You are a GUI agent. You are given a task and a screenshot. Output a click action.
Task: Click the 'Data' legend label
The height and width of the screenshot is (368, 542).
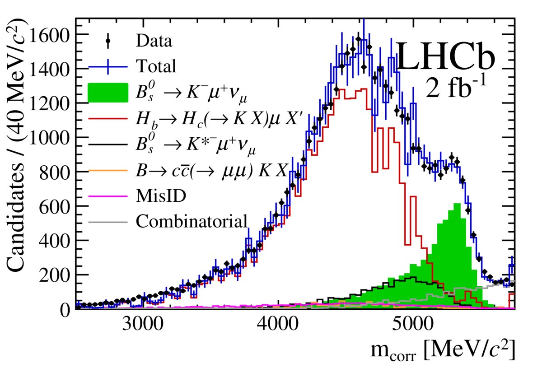[x=154, y=42]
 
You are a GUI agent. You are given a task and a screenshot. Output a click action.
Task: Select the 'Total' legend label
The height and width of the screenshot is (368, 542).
[x=154, y=67]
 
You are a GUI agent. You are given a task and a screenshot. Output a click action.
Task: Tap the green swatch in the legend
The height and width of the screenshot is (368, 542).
[x=108, y=92]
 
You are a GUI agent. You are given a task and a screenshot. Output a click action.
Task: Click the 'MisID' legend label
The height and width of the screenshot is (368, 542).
[x=158, y=196]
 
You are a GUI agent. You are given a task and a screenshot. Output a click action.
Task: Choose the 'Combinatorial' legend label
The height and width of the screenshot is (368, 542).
[x=192, y=221]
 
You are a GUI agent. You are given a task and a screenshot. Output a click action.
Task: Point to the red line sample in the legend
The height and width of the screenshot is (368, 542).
[x=108, y=118]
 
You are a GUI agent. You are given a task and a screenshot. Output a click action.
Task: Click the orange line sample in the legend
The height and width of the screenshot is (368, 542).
[x=108, y=171]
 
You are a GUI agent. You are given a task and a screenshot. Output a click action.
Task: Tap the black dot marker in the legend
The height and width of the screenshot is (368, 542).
[x=108, y=41]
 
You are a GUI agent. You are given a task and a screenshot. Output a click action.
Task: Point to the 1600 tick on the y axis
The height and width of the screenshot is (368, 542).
[x=50, y=35]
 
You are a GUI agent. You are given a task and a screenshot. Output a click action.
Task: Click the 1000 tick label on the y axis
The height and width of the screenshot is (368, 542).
[x=50, y=138]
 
